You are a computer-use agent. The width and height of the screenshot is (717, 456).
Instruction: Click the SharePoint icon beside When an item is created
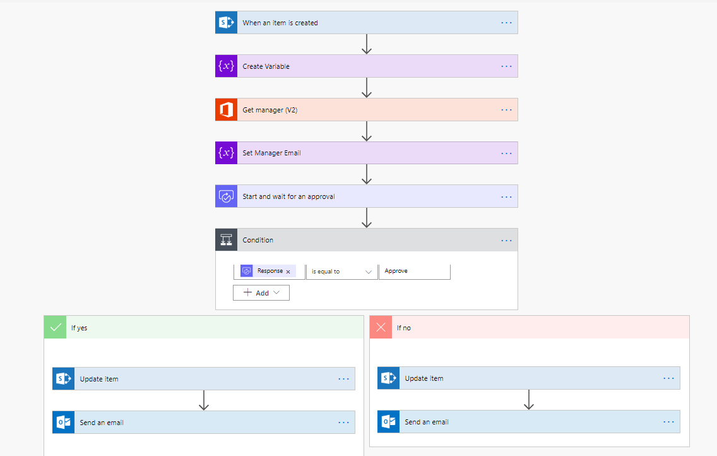pos(227,22)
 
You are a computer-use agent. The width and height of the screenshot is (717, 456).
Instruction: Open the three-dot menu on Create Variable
pos(506,66)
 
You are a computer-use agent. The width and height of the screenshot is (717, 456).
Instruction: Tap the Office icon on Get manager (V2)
pos(227,110)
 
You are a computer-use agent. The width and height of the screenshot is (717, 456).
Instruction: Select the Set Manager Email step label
pos(271,153)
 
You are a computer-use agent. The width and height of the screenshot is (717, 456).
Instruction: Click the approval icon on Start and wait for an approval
pos(227,196)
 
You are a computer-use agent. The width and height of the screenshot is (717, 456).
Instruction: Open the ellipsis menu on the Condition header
pos(506,240)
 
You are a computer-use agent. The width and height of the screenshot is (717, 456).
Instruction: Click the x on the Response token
pos(288,272)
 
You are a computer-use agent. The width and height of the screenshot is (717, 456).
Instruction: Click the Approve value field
pos(414,271)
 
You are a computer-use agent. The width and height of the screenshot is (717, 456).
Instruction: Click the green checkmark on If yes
pos(56,328)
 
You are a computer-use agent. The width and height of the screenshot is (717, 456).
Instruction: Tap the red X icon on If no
pos(381,328)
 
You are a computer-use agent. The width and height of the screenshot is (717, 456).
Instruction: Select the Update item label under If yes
pos(99,379)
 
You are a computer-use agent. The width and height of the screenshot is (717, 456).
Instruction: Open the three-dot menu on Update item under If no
pos(668,378)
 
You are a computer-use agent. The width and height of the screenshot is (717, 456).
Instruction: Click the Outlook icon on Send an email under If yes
pos(64,422)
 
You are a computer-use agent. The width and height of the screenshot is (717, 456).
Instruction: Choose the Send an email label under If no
pos(427,422)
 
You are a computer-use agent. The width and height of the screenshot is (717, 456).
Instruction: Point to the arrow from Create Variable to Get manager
pos(367,88)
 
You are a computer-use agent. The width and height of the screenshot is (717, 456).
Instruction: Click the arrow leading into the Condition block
pos(367,218)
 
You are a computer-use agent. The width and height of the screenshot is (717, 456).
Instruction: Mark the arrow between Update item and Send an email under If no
pos(529,400)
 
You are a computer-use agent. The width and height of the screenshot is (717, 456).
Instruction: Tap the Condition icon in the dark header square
pos(227,239)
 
